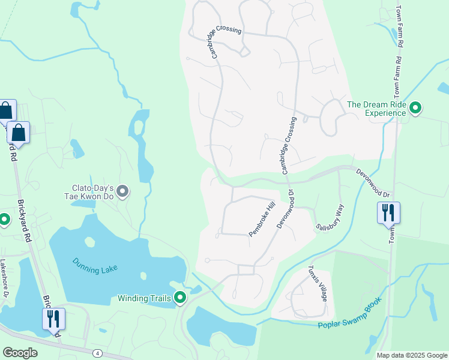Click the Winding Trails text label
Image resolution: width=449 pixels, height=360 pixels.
point(144,298)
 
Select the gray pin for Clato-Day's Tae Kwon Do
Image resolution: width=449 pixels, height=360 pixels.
point(122,191)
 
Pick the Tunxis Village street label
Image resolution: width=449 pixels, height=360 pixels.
point(318,284)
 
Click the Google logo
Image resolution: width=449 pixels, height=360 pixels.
point(20,353)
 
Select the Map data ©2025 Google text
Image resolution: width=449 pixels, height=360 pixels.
point(412,355)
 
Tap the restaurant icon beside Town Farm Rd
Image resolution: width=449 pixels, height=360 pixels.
point(388,212)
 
